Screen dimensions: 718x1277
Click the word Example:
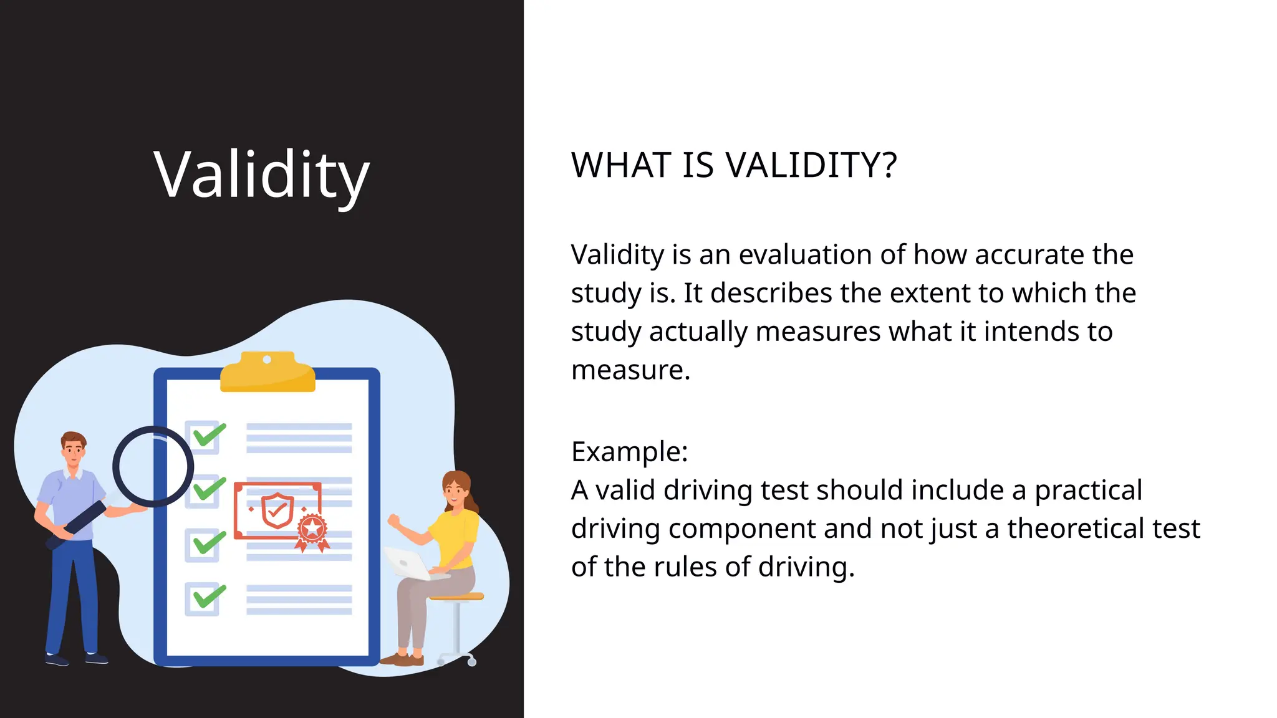(629, 452)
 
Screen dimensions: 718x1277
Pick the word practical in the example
(1088, 491)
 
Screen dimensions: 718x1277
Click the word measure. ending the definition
(630, 370)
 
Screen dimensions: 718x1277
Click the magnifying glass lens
(153, 467)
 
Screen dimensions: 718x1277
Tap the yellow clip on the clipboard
(267, 373)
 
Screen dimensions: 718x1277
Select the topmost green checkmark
(209, 435)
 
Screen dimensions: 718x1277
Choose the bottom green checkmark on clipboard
(209, 596)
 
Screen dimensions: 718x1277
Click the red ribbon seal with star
(312, 530)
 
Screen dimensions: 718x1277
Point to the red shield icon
(277, 510)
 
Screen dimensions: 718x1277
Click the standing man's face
(74, 451)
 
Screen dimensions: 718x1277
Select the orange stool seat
(457, 596)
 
